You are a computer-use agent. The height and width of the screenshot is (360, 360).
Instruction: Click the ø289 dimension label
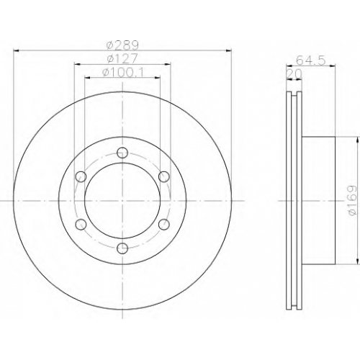tap(122, 45)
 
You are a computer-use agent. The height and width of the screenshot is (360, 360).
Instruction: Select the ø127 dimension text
tap(122, 58)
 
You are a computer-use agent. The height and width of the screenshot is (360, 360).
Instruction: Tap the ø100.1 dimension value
tap(123, 72)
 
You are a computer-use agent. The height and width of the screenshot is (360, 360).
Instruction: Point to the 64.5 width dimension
tap(310, 60)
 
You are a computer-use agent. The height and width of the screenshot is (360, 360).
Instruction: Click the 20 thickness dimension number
tap(294, 74)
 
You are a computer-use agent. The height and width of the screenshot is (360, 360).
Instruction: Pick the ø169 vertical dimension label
tap(352, 201)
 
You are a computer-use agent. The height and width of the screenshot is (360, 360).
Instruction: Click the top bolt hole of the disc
tap(122, 153)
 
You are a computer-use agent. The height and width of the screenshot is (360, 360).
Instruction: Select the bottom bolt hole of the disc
tap(122, 248)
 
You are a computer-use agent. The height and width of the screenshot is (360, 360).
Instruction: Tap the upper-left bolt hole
tap(81, 176)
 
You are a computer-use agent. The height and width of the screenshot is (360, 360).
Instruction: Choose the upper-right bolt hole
tap(164, 176)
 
